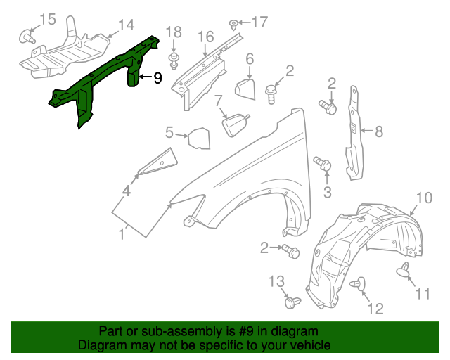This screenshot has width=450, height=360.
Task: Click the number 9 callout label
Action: point(157,79)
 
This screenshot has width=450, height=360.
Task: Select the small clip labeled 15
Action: point(27,34)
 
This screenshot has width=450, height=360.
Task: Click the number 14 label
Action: point(126,26)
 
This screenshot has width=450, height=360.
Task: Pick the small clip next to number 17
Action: point(233,25)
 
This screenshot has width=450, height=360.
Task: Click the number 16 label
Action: point(205,37)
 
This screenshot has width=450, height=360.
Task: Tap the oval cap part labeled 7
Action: point(236,124)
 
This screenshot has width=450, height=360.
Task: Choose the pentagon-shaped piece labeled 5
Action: point(199,138)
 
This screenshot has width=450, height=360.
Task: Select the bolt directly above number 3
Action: point(324,164)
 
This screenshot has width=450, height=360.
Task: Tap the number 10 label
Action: point(424,198)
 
